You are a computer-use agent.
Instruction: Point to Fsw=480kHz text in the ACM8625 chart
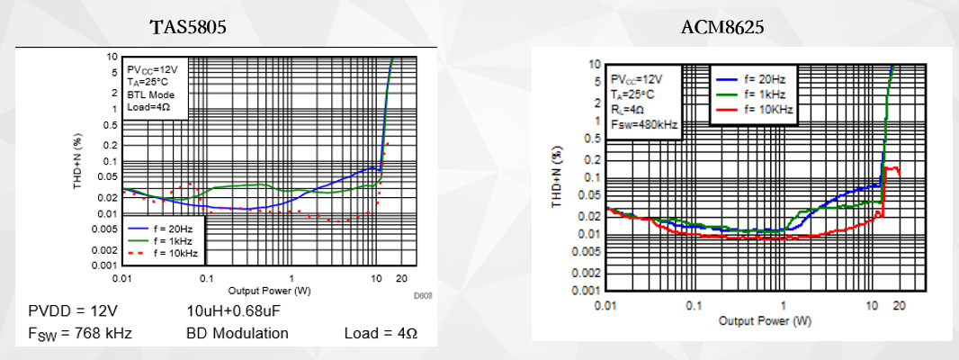(643, 123)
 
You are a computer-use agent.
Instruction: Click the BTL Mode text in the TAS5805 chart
(151, 94)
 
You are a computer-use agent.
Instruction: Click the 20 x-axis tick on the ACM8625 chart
(897, 306)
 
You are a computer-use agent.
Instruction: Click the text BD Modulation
(238, 333)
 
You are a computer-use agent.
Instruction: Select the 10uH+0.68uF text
(230, 310)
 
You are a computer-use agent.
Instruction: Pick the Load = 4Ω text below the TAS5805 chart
(381, 333)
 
